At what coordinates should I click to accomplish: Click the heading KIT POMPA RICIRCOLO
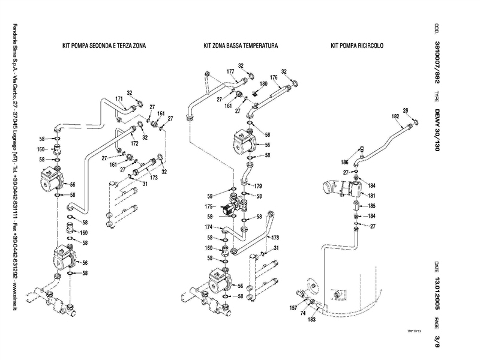tap(357, 46)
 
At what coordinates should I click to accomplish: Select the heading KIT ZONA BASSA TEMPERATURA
tap(241, 46)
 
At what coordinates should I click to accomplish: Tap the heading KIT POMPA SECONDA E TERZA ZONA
tap(104, 46)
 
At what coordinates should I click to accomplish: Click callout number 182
tap(395, 116)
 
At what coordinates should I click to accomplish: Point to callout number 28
tap(405, 110)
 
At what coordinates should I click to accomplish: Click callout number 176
tap(274, 77)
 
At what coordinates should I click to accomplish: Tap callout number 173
tap(154, 178)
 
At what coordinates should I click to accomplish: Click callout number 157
tap(293, 307)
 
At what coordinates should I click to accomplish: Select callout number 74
tap(303, 313)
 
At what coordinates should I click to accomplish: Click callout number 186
tap(345, 162)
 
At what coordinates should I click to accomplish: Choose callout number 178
tap(275, 238)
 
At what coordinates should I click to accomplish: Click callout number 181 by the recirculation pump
tap(371, 196)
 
